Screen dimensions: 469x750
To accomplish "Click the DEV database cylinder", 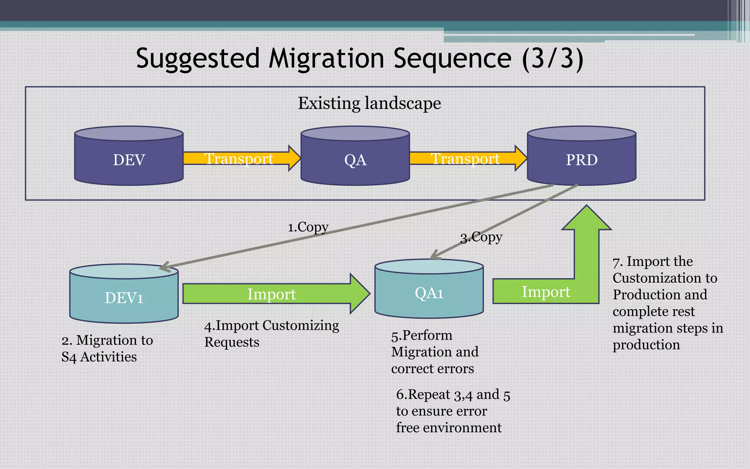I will (x=129, y=159).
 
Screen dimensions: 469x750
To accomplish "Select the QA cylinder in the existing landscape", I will (x=355, y=159).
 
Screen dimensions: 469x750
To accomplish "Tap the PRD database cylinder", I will (x=581, y=159).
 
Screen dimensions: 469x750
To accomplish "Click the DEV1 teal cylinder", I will (x=124, y=298).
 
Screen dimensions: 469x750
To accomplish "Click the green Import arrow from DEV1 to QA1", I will (x=271, y=294).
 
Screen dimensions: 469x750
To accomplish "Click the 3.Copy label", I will (x=481, y=237).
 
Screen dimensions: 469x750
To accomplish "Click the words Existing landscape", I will (x=369, y=103).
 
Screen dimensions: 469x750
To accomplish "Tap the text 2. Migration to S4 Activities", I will (x=107, y=348).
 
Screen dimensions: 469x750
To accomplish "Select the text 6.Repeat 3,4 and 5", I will (x=453, y=395).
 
